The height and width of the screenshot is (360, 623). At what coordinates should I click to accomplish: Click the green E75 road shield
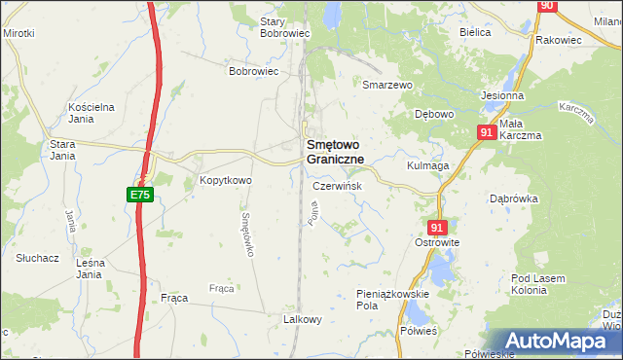point(139,196)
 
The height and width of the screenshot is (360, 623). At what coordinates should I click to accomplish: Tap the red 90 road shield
point(546,6)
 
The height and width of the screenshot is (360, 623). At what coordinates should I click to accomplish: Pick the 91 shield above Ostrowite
point(435,227)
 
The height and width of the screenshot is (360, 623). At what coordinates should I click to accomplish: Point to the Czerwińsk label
point(338,186)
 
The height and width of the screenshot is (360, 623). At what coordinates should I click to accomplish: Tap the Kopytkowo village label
point(226,180)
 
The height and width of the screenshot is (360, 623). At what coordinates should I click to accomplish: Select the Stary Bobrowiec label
point(285,26)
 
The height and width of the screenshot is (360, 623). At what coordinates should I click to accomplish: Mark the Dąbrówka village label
point(514,198)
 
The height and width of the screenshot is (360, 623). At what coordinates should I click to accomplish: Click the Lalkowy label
point(302,319)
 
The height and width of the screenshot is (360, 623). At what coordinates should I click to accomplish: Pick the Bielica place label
point(475,31)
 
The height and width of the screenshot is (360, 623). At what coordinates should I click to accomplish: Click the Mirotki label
point(18,33)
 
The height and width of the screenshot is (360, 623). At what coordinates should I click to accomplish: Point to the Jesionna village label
point(502,96)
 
